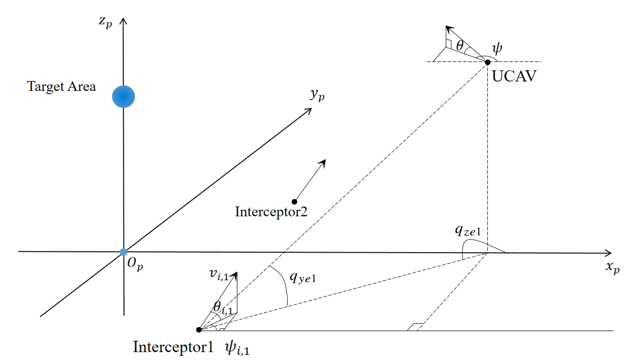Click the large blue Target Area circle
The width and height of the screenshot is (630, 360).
[x=123, y=97]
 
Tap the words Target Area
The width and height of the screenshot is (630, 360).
[x=62, y=86]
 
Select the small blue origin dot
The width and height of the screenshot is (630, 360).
[x=123, y=252]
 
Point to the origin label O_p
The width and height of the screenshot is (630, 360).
[x=135, y=264]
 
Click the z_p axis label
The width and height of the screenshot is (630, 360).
[x=105, y=22]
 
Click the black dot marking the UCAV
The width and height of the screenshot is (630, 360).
[x=488, y=62]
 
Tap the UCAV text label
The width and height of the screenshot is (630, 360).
[x=514, y=76]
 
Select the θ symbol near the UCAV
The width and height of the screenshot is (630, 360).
[x=460, y=46]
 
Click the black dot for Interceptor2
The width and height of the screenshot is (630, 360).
[x=294, y=202]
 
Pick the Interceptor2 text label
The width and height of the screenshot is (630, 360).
[x=271, y=212]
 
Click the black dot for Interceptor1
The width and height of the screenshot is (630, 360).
[x=199, y=330]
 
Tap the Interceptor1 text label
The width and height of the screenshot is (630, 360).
[x=173, y=347]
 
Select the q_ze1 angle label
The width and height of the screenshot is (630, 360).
[x=468, y=230]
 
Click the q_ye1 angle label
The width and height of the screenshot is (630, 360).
[x=303, y=278]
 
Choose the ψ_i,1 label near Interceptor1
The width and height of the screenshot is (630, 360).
[x=237, y=348]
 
